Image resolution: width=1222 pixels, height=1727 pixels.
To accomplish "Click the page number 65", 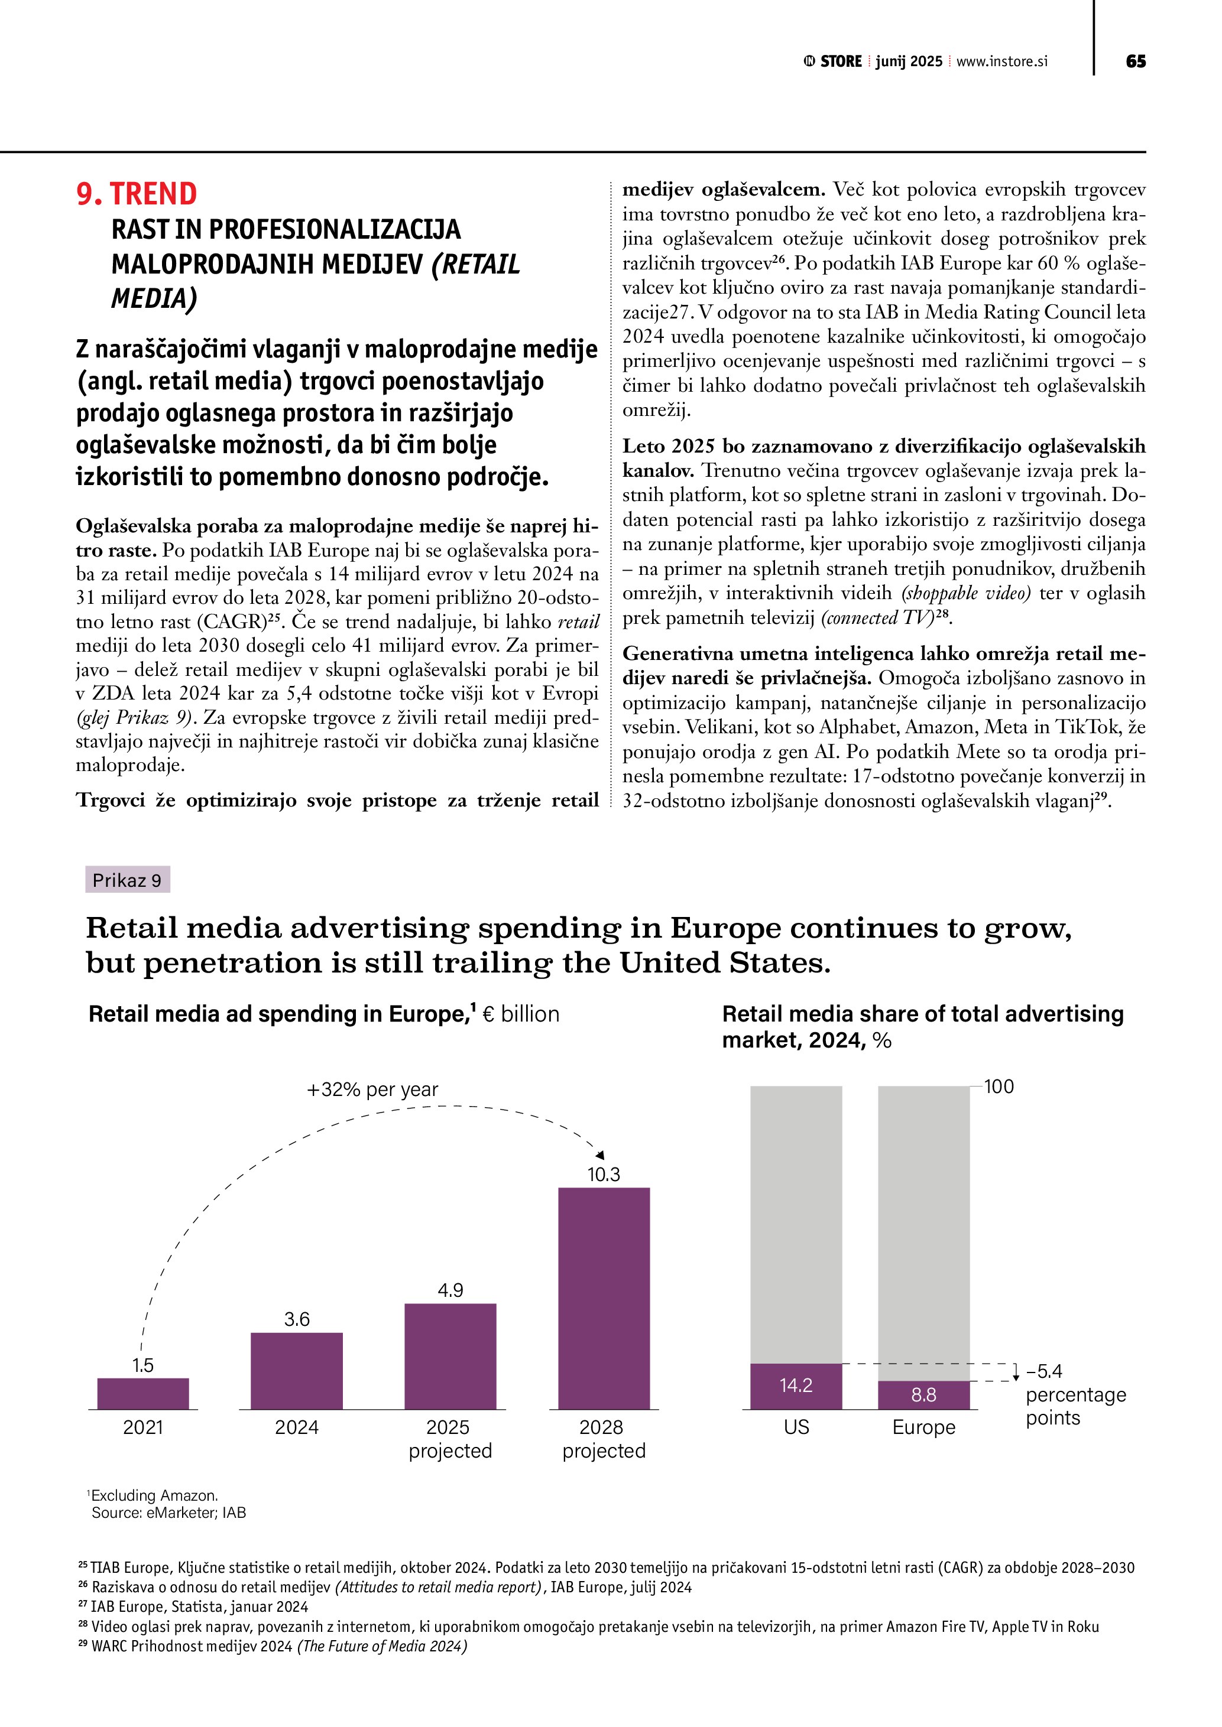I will coord(1136,61).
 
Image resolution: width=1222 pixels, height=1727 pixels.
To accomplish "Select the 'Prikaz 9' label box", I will coord(127,880).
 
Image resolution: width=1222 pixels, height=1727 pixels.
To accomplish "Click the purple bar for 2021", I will coord(143,1394).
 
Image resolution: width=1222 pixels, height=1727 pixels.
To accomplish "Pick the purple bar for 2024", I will coord(296,1371).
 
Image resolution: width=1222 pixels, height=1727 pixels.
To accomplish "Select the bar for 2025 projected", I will coord(450,1357).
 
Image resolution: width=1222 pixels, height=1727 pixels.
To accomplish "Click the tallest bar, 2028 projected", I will coord(604,1299).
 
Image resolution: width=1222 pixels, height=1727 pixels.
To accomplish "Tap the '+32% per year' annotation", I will coord(372,1090).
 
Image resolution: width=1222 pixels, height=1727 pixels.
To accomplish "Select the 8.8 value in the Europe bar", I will coord(923,1396).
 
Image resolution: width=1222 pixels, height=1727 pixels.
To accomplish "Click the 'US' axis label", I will coord(796,1427).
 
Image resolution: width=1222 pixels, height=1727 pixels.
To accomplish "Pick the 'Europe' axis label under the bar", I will coord(923,1427).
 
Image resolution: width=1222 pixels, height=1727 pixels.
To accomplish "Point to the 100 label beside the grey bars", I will coord(999,1087).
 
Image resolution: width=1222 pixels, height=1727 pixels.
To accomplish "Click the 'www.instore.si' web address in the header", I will coord(1001,61).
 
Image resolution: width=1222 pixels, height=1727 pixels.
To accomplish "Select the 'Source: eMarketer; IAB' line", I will coord(168,1513).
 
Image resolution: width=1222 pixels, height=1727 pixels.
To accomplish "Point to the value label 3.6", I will coord(296,1319).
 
